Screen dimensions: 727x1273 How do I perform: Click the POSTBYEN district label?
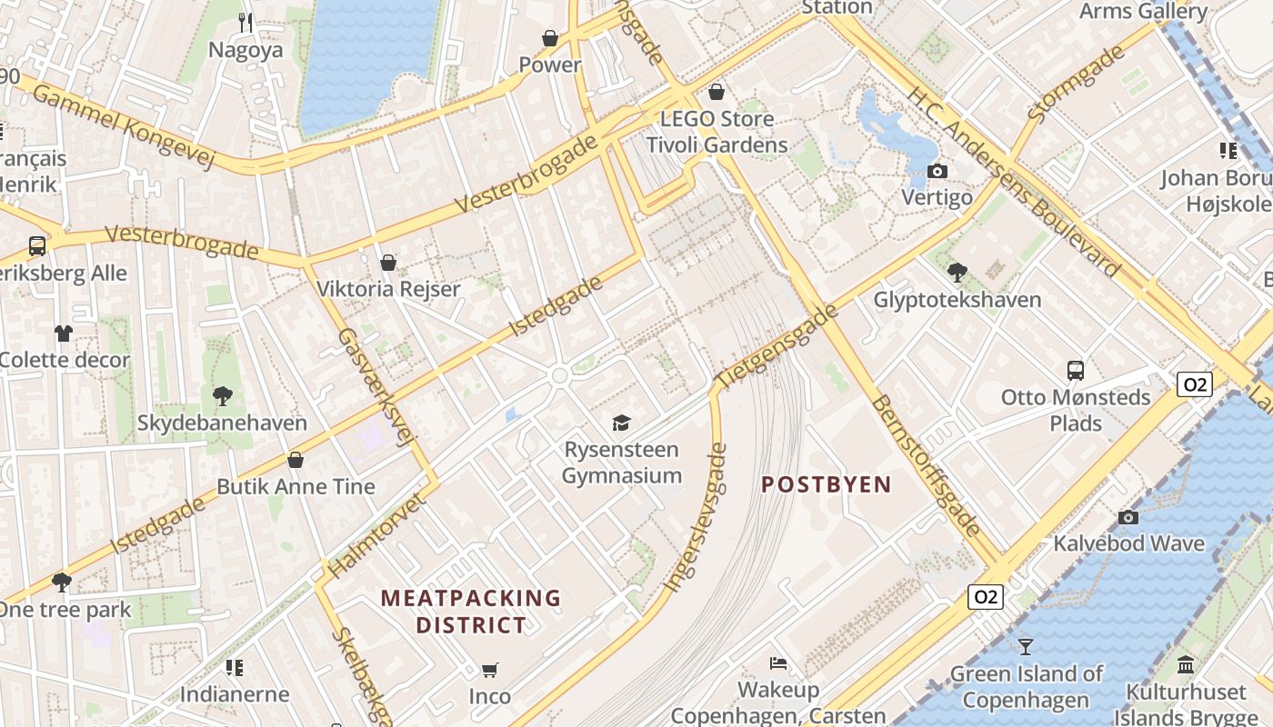click(x=826, y=484)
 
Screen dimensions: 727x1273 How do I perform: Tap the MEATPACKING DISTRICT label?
click(x=471, y=612)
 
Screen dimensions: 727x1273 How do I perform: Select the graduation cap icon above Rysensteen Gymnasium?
click(x=621, y=423)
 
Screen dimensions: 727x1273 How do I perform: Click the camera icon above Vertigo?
click(x=937, y=171)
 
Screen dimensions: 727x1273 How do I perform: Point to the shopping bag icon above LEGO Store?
click(x=717, y=92)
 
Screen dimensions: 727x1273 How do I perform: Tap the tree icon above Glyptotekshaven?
click(x=957, y=272)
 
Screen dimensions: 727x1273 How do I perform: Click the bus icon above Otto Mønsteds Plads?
click(x=1076, y=370)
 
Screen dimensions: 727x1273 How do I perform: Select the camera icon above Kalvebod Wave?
click(x=1128, y=517)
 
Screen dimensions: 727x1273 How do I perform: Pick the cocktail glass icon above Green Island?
click(x=1026, y=646)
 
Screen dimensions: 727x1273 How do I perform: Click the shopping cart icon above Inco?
click(x=489, y=671)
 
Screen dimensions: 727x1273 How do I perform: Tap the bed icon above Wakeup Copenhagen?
click(x=777, y=662)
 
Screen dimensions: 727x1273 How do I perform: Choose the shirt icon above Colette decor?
click(x=63, y=333)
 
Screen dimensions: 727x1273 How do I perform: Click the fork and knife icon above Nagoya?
click(x=246, y=22)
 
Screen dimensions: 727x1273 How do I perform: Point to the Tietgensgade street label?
click(x=776, y=348)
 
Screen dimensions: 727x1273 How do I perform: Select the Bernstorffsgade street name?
click(x=926, y=465)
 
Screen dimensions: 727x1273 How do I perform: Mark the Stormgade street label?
click(x=1077, y=84)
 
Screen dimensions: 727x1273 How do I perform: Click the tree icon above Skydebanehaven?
click(x=222, y=395)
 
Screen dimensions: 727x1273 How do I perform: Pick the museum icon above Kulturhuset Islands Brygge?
click(x=1186, y=665)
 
